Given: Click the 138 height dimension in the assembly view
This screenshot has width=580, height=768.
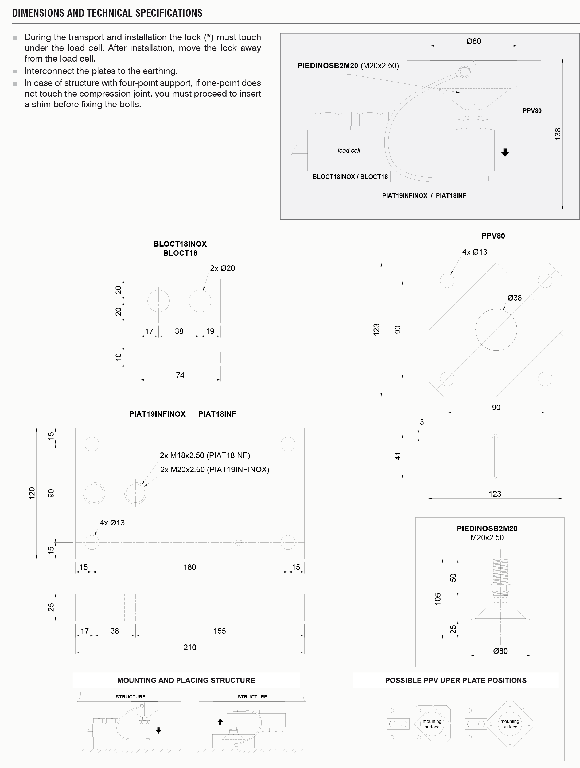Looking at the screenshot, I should pyautogui.click(x=558, y=134).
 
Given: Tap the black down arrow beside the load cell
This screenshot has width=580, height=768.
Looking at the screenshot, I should pyautogui.click(x=505, y=152).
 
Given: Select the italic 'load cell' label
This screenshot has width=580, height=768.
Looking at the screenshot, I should pyautogui.click(x=349, y=151).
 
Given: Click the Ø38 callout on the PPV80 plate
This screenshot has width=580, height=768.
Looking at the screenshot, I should pyautogui.click(x=515, y=298).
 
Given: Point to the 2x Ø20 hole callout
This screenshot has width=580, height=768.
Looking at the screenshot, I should pyautogui.click(x=222, y=268).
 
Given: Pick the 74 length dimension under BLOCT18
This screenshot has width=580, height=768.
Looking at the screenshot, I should pyautogui.click(x=180, y=375).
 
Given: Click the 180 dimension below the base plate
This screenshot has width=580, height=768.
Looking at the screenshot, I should pyautogui.click(x=190, y=567).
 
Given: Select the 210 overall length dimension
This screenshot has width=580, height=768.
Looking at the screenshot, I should pyautogui.click(x=190, y=647).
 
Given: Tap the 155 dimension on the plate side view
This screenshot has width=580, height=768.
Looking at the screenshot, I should pyautogui.click(x=220, y=631).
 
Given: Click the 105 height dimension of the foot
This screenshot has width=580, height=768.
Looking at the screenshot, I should pyautogui.click(x=438, y=598).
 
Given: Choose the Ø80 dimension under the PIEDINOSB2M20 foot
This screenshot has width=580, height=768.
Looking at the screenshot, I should pyautogui.click(x=500, y=651).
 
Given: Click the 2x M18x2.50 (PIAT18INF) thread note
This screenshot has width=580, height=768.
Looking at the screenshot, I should pyautogui.click(x=205, y=455).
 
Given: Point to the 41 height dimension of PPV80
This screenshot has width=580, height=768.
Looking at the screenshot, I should pyautogui.click(x=398, y=456).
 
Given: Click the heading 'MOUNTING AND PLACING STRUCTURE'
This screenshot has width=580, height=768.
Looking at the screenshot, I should pyautogui.click(x=186, y=680).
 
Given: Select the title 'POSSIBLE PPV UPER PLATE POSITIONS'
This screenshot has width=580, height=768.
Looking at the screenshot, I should pyautogui.click(x=456, y=680).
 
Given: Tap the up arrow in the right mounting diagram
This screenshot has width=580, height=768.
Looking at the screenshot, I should pyautogui.click(x=220, y=721).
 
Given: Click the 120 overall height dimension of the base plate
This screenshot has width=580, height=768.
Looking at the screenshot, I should pyautogui.click(x=32, y=493).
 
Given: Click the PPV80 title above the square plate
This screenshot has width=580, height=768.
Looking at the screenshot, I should pyautogui.click(x=493, y=236).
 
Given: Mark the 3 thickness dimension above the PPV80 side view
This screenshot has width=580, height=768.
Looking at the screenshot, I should pyautogui.click(x=422, y=422).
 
